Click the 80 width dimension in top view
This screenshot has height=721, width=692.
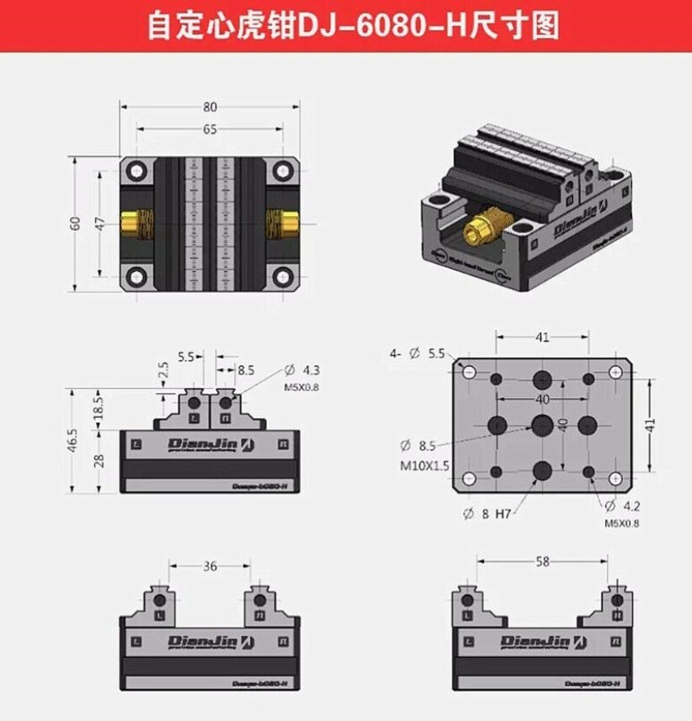point(210,107)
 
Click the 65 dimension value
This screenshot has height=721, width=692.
point(210,129)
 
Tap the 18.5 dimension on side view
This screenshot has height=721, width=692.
point(98,409)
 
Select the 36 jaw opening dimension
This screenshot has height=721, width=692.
point(210,566)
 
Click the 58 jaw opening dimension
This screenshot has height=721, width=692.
point(543,559)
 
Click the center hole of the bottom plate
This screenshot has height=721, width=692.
point(542,422)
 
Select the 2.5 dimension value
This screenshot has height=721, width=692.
point(163,369)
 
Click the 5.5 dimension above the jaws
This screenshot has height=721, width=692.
point(186,357)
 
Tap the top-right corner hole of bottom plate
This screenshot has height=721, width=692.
point(618,372)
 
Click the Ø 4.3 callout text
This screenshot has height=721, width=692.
point(303,370)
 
